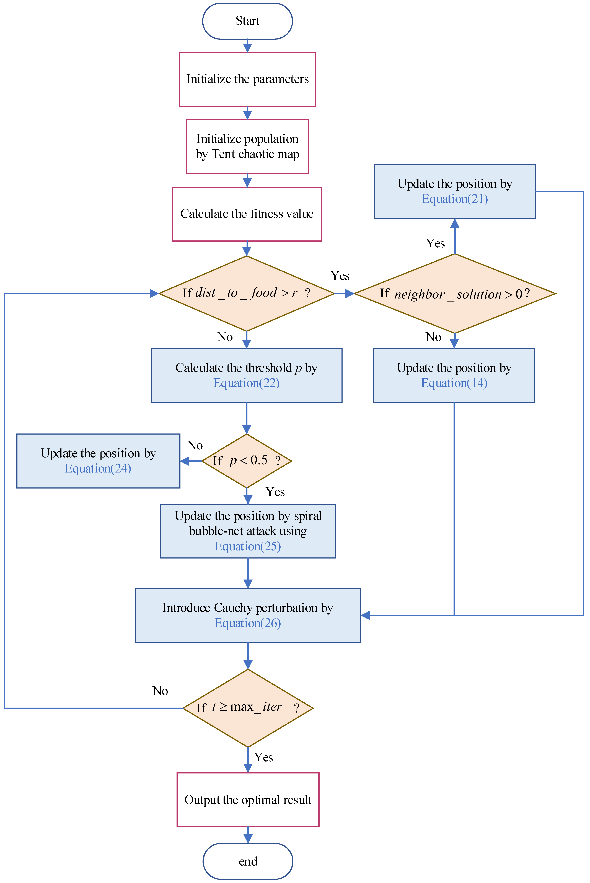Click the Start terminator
248,21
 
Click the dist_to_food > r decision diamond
247,293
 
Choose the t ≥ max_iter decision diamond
248,708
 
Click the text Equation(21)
455,199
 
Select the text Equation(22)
247,383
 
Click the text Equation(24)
98,469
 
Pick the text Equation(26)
248,623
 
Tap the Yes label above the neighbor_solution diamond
435,243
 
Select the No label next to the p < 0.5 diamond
195,445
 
